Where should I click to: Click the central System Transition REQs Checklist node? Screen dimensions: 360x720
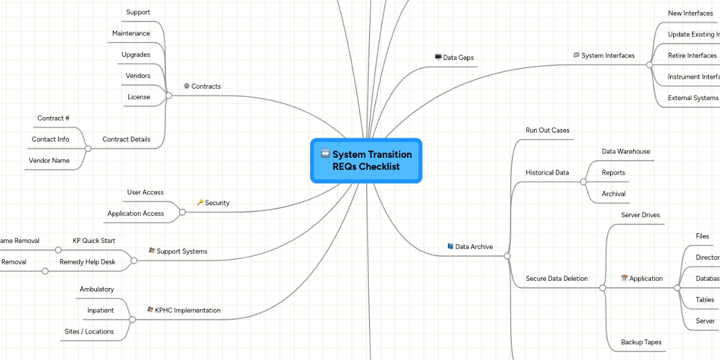click(366, 160)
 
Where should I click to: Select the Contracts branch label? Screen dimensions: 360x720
click(206, 86)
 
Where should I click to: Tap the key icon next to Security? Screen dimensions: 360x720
click(200, 203)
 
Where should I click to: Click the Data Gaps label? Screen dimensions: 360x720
click(458, 58)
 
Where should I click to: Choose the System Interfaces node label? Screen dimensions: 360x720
click(608, 56)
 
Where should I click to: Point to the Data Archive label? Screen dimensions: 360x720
click(473, 247)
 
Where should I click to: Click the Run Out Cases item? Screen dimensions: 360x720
click(547, 130)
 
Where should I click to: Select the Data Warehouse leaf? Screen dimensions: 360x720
click(626, 152)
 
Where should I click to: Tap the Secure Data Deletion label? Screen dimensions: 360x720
click(556, 278)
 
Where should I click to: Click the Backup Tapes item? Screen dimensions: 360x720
click(641, 342)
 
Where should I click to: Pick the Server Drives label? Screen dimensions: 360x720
click(640, 215)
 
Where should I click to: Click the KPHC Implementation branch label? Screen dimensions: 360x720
click(187, 310)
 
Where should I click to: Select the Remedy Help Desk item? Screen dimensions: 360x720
click(87, 262)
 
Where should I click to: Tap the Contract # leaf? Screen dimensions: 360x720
click(53, 118)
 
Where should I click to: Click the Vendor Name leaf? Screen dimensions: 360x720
click(49, 160)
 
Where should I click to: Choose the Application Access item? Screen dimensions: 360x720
click(136, 213)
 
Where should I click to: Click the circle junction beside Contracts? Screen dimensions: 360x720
click(169, 95)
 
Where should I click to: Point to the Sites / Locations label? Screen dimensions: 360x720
click(89, 331)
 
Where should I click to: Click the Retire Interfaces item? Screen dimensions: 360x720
click(692, 55)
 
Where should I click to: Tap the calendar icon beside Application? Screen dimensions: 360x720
click(624, 278)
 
